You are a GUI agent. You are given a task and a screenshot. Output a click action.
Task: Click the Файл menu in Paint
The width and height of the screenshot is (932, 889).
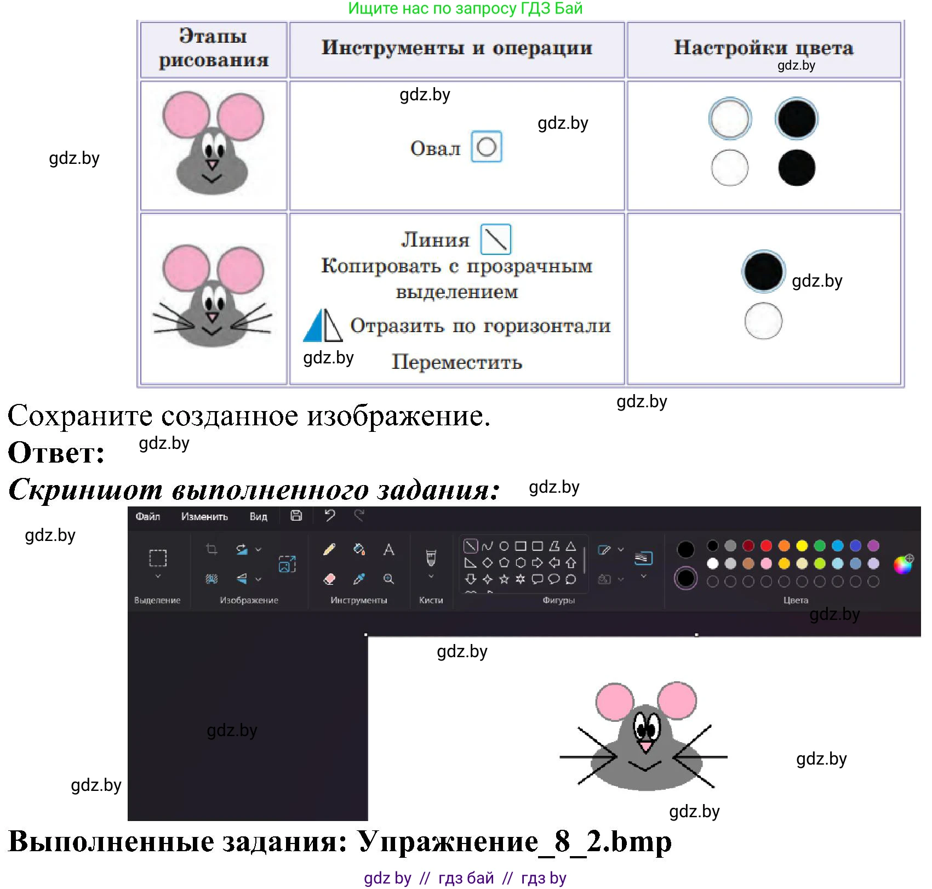[147, 516]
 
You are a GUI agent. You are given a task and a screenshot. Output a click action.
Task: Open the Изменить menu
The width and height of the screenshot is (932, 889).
[204, 516]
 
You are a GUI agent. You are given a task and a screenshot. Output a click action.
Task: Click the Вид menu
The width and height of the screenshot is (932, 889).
[258, 516]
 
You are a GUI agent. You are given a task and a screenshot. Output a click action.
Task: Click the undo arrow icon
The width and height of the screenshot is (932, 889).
[329, 515]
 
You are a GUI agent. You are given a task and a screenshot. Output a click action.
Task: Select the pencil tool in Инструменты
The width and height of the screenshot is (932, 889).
[329, 549]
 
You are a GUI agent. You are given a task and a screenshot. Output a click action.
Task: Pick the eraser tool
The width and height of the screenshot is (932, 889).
[329, 579]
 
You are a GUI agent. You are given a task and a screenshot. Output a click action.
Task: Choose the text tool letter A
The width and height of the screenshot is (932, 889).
[388, 549]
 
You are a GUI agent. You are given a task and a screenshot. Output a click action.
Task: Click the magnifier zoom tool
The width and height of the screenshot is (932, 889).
[388, 579]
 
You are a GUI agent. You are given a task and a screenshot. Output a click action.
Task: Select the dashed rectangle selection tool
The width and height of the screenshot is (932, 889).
[158, 558]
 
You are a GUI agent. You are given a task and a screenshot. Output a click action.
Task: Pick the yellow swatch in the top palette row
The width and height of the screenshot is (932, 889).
[802, 545]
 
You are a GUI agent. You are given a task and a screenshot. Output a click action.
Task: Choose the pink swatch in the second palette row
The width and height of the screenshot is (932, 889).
[766, 563]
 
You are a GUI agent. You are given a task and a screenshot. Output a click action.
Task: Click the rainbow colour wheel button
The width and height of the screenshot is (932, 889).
[902, 564]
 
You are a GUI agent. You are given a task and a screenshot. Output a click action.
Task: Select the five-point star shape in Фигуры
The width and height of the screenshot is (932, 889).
[504, 579]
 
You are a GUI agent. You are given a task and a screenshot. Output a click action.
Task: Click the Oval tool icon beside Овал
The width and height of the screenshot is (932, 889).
[487, 146]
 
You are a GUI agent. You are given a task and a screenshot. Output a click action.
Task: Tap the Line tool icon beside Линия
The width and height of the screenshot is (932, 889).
[496, 240]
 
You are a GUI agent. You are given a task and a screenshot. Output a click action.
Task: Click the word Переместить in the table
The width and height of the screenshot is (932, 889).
[456, 362]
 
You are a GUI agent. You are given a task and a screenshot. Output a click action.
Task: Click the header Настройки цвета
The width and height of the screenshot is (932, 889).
[763, 48]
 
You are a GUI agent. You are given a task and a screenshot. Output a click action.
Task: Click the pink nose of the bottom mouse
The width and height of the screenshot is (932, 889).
[646, 745]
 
